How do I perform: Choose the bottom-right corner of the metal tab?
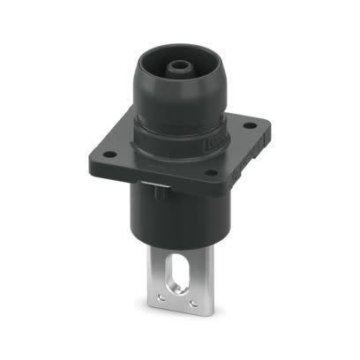(x=218, y=310)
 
